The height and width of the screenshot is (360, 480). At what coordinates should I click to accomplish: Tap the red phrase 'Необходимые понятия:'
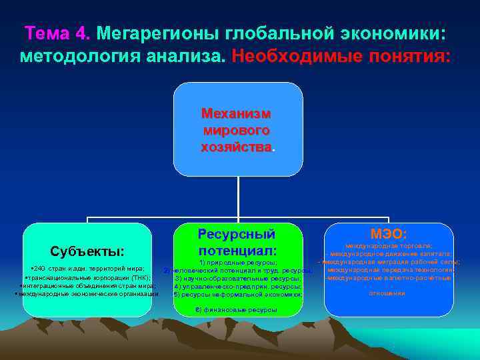341,56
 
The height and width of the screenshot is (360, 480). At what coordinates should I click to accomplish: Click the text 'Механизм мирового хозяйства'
238,129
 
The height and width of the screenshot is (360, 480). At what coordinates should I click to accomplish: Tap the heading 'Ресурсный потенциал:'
237,243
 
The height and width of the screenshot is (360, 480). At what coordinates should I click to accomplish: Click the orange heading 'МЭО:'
389,233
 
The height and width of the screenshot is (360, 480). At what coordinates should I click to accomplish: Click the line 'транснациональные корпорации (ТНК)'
87,277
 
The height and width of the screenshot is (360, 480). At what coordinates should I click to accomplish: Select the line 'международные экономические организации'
87,293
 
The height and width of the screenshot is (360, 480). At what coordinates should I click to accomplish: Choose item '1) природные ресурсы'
238,263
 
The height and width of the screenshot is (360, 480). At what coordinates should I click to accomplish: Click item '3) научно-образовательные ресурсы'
238,278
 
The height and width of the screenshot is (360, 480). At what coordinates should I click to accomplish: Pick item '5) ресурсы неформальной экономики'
238,294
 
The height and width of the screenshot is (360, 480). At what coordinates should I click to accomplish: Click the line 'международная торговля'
389,246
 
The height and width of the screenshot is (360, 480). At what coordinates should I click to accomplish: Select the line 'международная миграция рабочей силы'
389,262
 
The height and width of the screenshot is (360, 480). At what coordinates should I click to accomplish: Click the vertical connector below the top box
238,197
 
